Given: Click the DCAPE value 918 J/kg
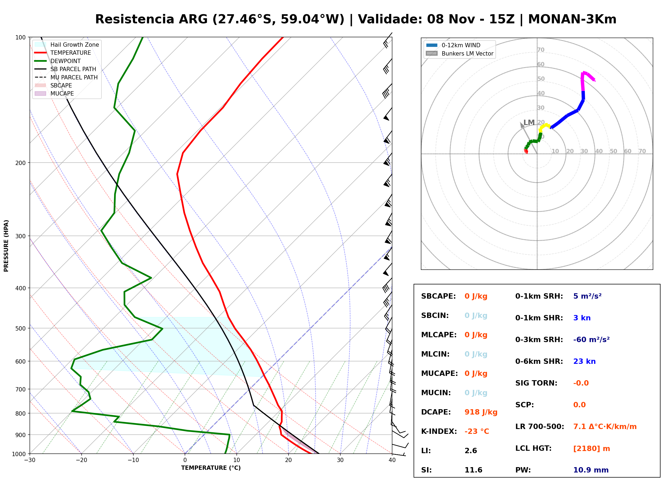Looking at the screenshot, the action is (x=481, y=412).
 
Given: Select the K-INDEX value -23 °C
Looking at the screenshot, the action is (x=476, y=431).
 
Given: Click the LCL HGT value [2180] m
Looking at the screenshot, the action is (x=591, y=449).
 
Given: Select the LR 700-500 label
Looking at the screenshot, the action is (x=539, y=427).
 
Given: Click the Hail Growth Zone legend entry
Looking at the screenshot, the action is (x=67, y=45).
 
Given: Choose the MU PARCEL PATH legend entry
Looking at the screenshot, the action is (x=66, y=77).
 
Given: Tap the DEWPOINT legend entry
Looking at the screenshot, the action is (x=58, y=61).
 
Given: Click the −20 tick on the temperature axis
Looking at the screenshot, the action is (x=81, y=460).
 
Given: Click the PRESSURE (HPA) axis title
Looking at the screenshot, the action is (x=6, y=246).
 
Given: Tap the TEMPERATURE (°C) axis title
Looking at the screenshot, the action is (x=211, y=468).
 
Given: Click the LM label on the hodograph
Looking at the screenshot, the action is (x=529, y=122).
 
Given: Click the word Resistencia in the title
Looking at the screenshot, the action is (x=134, y=19).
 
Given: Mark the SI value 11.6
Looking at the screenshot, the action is (x=473, y=470).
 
